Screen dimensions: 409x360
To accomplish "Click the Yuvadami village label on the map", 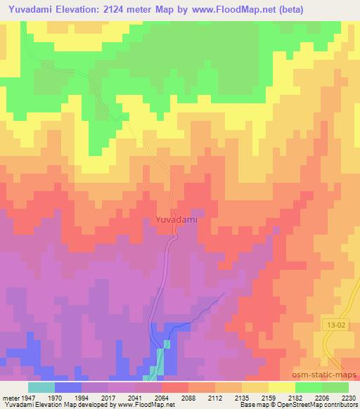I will [172, 220].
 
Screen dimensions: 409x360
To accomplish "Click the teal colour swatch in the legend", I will [41, 387].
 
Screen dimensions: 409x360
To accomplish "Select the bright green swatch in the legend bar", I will [308, 387].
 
